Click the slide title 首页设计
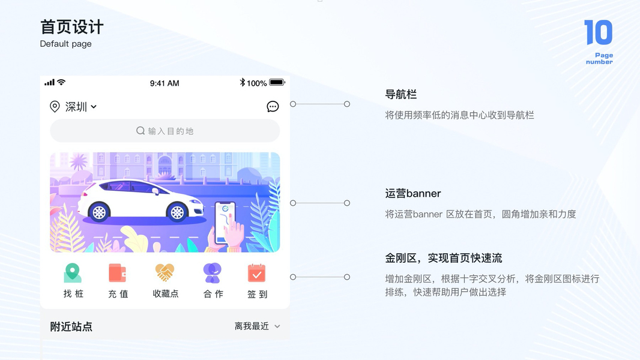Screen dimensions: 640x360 (71, 28)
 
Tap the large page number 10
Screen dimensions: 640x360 (598, 32)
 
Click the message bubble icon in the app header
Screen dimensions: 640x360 (273, 107)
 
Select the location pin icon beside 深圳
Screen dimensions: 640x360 (55, 107)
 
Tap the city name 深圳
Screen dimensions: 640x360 (76, 107)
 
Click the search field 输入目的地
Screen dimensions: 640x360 (165, 131)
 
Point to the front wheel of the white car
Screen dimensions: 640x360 (177, 211)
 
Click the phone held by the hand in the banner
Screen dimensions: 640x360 (225, 219)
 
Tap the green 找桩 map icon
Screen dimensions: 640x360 (73, 273)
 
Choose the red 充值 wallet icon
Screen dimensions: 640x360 (118, 273)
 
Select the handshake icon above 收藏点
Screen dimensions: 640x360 (165, 273)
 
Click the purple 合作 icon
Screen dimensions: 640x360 (212, 273)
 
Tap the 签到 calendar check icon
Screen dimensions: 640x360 (257, 273)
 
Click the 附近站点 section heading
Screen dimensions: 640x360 (71, 326)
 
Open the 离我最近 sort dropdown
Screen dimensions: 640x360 (257, 326)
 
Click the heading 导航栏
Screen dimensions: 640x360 (400, 95)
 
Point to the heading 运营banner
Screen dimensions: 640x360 (413, 194)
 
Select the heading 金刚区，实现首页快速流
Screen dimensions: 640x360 (443, 259)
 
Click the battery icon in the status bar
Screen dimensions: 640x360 (277, 82)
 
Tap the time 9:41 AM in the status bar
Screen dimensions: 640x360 (165, 83)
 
